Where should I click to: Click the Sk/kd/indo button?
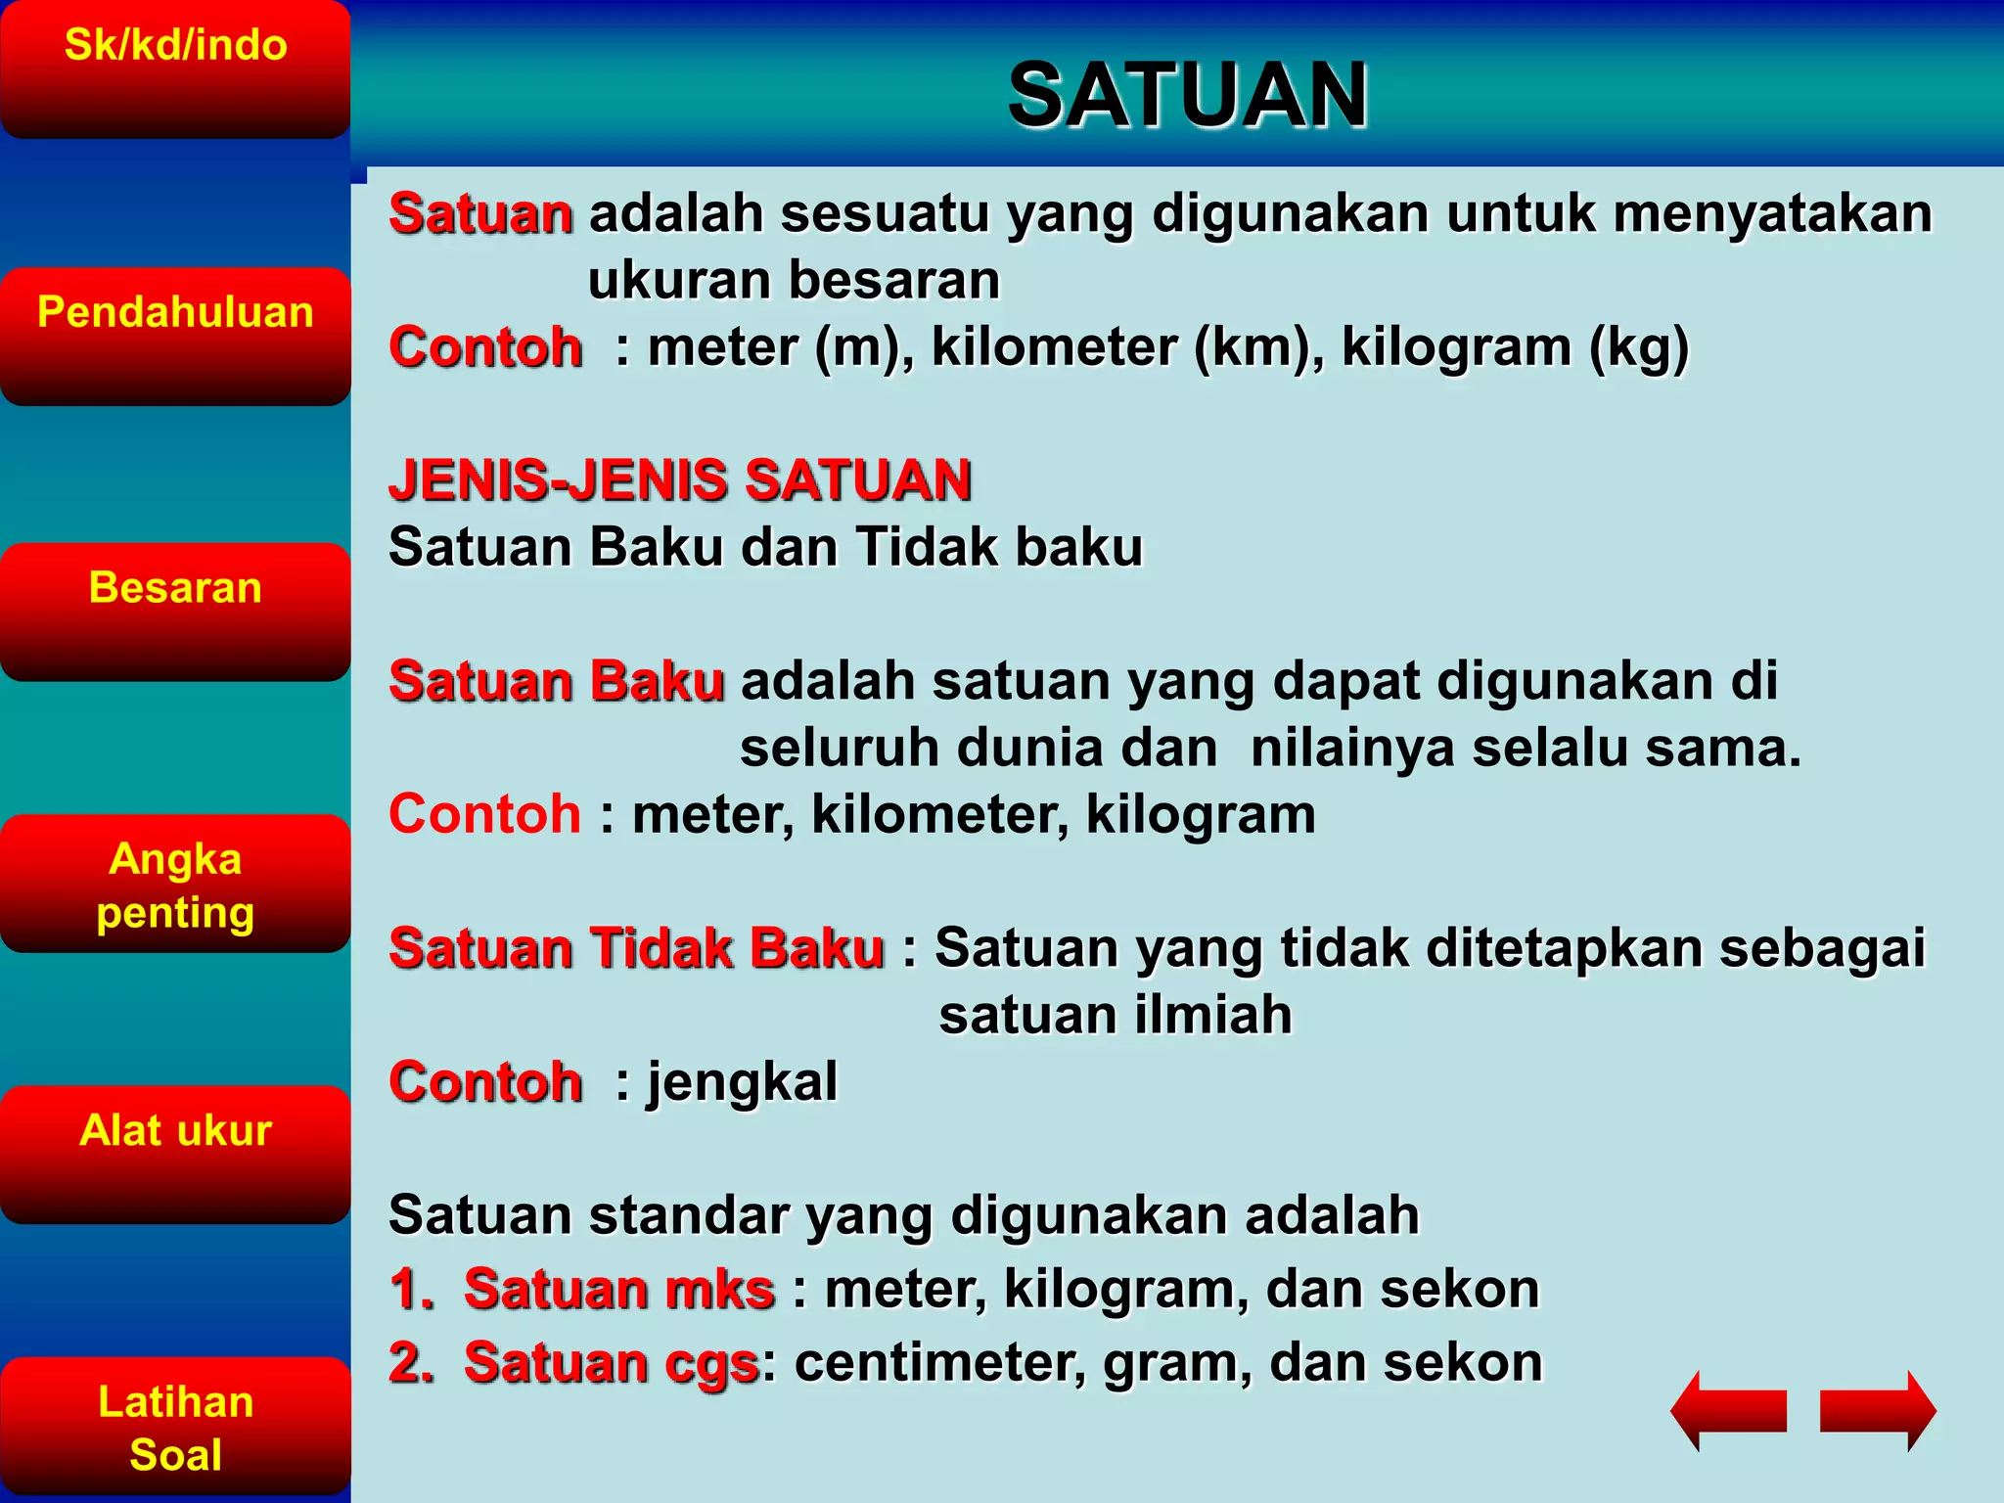click(x=175, y=68)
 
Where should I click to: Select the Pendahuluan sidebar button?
click(x=175, y=336)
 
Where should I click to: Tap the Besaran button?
click(x=175, y=612)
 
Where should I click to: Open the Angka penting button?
click(x=175, y=884)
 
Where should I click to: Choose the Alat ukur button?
click(x=175, y=1155)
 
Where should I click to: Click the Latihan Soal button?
click(x=175, y=1426)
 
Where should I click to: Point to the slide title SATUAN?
click(x=1187, y=95)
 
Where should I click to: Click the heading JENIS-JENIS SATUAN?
click(x=679, y=480)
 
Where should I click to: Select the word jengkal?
click(x=742, y=1082)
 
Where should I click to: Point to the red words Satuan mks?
click(x=619, y=1289)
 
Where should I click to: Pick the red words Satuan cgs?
click(x=612, y=1363)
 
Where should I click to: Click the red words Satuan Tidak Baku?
click(x=636, y=948)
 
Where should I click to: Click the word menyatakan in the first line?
click(x=1772, y=213)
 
